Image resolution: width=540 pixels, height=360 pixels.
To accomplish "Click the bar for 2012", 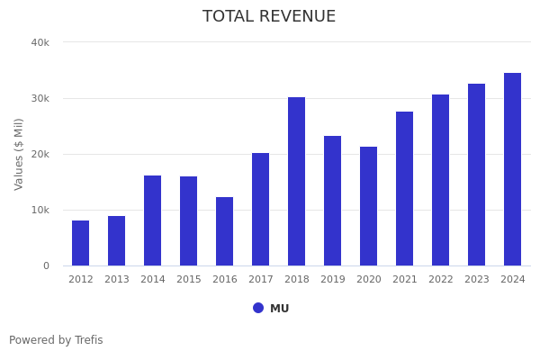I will (x=81, y=243).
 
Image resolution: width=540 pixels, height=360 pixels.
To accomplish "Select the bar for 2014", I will (x=153, y=220).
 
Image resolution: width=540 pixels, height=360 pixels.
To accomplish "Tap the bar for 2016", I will (x=225, y=231).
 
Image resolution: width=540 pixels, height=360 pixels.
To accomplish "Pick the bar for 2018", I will (x=297, y=182).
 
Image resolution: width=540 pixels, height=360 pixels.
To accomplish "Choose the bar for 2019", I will (x=333, y=201).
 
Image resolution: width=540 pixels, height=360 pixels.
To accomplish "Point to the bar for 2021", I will (x=405, y=189).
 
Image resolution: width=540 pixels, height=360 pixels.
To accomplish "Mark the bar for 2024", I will (x=513, y=169).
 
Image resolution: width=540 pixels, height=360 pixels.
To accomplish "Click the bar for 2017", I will (x=261, y=210).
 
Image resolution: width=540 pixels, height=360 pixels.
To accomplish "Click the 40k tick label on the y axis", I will (x=40, y=42).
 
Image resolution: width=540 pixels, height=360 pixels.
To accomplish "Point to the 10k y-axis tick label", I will (x=40, y=210).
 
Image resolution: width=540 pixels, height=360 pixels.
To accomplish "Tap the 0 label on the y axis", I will (x=45, y=265).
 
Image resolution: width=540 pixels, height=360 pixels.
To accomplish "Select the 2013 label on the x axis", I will (x=117, y=280).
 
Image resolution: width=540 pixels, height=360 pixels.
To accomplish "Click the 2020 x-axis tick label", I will (x=369, y=280).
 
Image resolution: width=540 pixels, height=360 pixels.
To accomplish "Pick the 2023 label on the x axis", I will (x=477, y=280).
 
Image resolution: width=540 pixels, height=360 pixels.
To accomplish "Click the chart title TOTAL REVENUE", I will (x=269, y=17).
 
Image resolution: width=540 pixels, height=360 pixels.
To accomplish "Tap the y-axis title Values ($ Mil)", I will (x=19, y=154).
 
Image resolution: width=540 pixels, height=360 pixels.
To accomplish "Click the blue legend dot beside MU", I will (x=258, y=308).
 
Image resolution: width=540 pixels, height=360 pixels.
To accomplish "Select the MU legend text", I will (x=280, y=309).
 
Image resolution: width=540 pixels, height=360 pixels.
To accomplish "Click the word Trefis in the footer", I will (x=87, y=340).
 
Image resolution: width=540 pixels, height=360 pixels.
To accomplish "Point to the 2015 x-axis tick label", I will (x=189, y=280).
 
